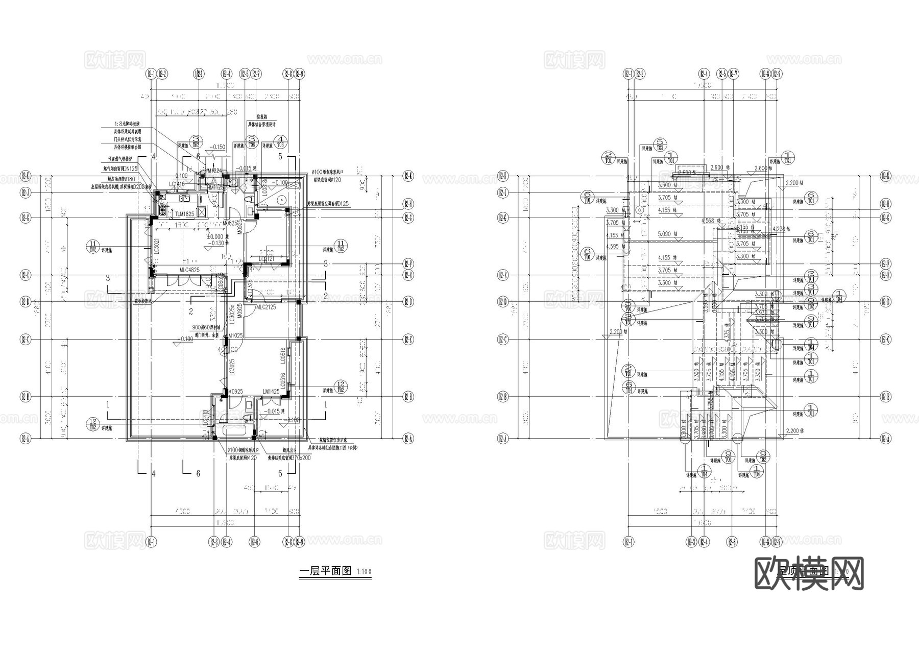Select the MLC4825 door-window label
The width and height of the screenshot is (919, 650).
(x=189, y=270)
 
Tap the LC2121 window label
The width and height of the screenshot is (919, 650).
(x=267, y=259)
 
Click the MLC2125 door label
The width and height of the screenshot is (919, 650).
(x=266, y=307)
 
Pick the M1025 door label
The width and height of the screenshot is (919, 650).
(x=235, y=336)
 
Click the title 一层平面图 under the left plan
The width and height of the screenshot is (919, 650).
(x=325, y=571)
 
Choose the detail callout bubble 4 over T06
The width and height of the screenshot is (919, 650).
(x=280, y=141)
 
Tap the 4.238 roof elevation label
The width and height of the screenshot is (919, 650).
(x=780, y=229)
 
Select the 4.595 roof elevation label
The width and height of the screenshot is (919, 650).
(x=613, y=247)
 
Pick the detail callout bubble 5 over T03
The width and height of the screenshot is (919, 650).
(x=660, y=145)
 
